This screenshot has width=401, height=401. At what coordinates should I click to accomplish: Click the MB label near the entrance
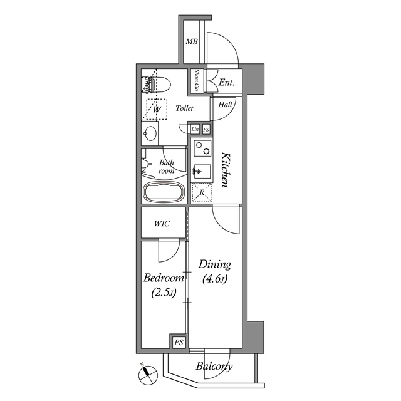tap(191, 43)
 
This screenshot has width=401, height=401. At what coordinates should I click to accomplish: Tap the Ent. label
tap(227, 82)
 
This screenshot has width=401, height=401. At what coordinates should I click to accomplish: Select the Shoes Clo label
tap(197, 81)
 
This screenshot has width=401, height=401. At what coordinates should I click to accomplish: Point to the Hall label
tap(226, 105)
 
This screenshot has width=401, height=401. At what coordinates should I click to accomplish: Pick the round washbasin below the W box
tap(150, 133)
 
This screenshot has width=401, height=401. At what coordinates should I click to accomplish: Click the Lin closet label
tap(195, 129)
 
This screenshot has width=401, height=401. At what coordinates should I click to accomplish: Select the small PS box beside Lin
tap(206, 129)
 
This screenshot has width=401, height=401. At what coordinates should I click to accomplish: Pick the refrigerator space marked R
tap(202, 193)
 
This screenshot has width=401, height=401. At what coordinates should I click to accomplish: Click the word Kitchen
tap(225, 169)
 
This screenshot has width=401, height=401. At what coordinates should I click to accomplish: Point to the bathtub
tap(165, 192)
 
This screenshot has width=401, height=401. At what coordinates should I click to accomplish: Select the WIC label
tap(163, 224)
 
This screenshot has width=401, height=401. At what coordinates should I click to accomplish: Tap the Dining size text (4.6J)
tap(215, 279)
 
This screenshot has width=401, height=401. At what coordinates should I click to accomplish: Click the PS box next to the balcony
tap(179, 342)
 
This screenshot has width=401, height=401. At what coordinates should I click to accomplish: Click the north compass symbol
tap(147, 375)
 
